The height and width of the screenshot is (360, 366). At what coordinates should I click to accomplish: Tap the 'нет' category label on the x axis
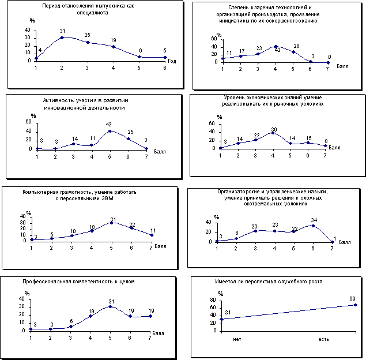[x=236, y=339]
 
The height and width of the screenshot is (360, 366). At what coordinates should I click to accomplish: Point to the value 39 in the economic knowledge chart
[x=274, y=129]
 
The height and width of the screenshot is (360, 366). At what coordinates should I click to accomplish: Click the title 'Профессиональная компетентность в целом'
[x=78, y=282]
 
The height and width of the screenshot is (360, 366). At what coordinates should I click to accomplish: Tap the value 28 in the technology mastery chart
[x=297, y=46]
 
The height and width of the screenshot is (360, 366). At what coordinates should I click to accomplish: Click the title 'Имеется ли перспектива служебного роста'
[x=266, y=282]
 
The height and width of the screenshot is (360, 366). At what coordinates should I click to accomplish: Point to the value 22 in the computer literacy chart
[x=132, y=225]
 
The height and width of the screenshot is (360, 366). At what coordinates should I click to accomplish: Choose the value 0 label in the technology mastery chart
[x=329, y=57]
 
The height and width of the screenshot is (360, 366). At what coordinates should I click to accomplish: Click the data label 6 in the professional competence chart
[x=71, y=321]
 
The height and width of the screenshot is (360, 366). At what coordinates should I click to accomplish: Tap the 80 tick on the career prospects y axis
[x=213, y=307]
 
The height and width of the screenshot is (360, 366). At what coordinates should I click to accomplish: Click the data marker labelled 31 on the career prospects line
[x=221, y=319]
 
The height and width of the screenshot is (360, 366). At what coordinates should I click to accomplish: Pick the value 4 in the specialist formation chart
[x=40, y=50]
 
